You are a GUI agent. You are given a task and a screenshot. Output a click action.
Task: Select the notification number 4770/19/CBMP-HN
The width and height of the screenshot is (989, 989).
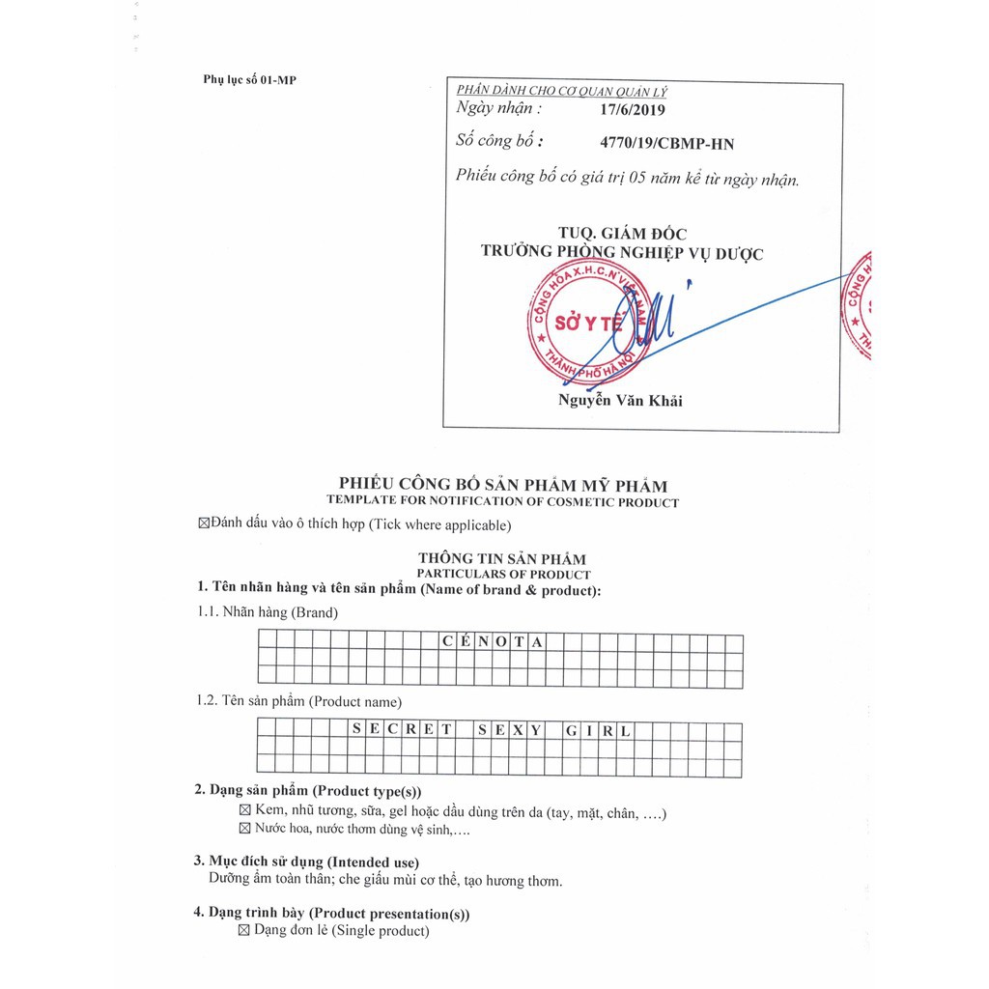(x=666, y=144)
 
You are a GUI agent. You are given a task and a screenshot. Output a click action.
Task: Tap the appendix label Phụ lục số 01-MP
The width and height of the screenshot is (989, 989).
(x=249, y=79)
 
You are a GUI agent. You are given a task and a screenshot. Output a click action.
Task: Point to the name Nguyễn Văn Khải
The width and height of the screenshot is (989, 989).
(x=620, y=401)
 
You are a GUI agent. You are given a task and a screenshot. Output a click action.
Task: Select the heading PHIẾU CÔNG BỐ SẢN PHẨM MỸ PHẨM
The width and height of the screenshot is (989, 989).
(x=502, y=485)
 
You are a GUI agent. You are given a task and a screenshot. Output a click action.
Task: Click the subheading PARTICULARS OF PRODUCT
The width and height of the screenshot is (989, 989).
(x=502, y=575)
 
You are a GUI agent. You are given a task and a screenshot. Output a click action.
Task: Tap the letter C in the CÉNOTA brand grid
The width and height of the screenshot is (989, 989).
(x=445, y=642)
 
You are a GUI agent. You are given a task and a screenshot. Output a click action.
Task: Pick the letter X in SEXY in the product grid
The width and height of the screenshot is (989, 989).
(x=518, y=731)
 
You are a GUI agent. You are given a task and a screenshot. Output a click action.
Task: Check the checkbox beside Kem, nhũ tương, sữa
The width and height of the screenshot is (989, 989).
(x=244, y=812)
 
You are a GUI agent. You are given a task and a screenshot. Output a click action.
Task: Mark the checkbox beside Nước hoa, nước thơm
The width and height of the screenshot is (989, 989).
(x=244, y=829)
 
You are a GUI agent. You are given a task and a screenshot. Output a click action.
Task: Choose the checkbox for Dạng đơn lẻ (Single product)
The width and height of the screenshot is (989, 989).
(x=244, y=931)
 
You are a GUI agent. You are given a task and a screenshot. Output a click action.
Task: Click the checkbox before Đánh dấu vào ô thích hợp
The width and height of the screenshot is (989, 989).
(x=203, y=524)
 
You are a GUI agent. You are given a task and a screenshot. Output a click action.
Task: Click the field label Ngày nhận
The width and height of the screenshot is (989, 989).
(x=498, y=109)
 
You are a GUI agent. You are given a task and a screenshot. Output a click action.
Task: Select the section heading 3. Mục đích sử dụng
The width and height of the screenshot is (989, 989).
(x=306, y=862)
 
